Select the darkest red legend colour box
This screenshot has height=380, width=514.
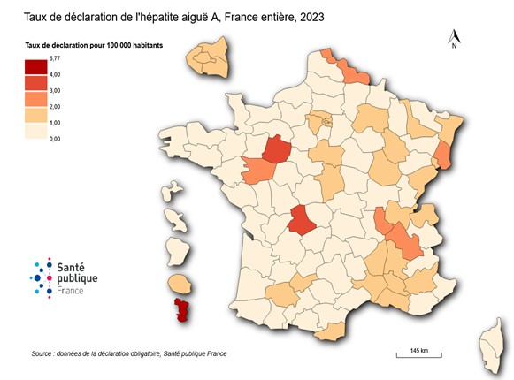tap(36, 67)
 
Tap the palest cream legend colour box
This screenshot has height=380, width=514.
tap(36, 131)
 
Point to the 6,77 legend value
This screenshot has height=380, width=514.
tap(55, 58)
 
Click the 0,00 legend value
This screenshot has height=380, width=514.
tap(55, 139)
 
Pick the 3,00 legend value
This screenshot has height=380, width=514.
tap(55, 90)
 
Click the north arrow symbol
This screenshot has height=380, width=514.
tap(453, 37)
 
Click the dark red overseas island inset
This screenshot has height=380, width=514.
tap(184, 309)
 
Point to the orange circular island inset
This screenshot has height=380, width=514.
tap(180, 284)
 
